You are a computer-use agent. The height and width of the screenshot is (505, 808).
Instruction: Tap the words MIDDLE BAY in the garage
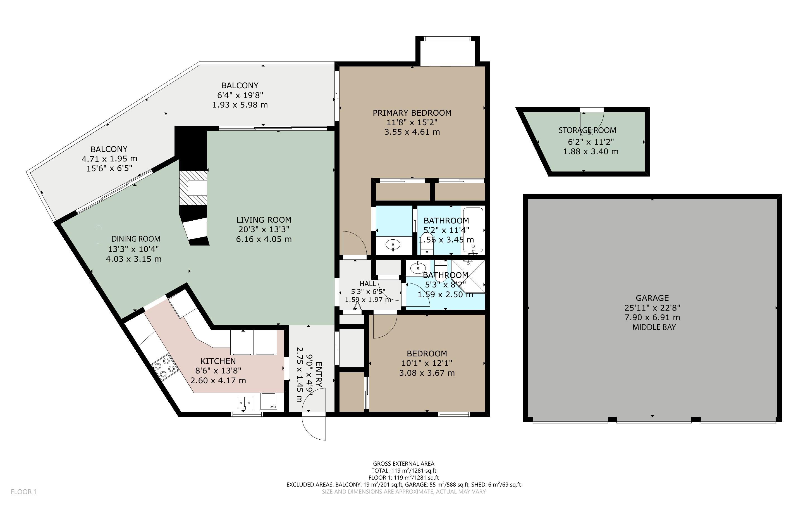point(654,327)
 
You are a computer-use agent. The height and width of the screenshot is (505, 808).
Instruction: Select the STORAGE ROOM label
point(587,130)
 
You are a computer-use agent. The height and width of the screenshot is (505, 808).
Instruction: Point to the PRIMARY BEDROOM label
point(412,113)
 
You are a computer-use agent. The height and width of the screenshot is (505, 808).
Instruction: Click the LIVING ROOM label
point(264,220)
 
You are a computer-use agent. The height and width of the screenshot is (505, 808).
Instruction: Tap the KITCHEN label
point(218,361)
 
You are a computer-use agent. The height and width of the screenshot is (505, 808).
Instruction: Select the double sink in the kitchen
point(245,403)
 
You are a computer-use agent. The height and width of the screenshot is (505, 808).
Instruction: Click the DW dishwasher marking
point(273,407)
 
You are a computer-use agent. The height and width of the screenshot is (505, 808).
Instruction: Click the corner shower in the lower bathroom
point(468,276)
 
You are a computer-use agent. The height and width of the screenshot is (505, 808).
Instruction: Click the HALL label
point(368,284)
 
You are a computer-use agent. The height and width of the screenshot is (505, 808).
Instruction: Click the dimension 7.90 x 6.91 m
point(652,317)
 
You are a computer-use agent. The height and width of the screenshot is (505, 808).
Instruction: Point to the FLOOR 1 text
point(24,492)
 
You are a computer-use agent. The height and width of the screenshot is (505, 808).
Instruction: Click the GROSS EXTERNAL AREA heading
point(403,464)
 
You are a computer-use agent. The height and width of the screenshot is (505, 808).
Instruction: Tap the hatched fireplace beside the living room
point(193,188)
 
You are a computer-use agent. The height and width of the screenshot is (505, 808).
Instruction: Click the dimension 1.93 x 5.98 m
point(240,105)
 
